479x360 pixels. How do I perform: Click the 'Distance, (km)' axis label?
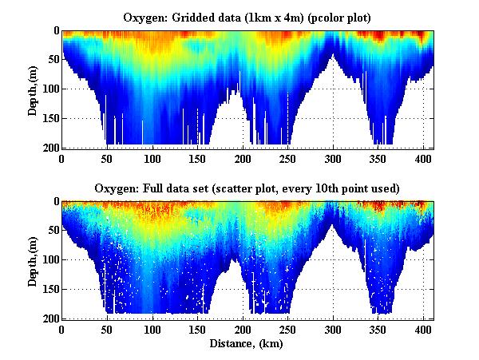(x=247, y=343)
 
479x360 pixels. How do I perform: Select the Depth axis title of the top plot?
(x=33, y=89)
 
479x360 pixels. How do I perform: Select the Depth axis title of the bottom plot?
(x=33, y=260)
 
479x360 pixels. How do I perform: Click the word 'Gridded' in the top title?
(x=212, y=17)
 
